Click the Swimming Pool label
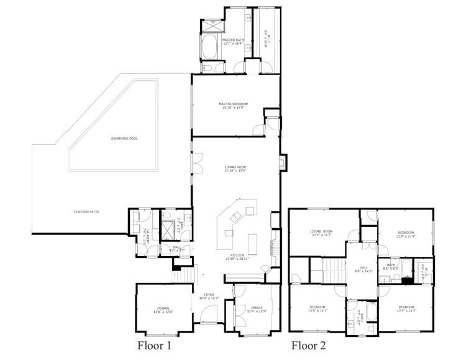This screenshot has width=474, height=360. coord(124,138)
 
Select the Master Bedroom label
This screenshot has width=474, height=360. coord(233,103)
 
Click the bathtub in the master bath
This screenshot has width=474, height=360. coord(209,47)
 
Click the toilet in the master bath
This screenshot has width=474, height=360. coord(207,67)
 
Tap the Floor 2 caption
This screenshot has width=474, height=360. coord(309,344)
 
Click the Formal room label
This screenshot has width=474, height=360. coord(163,308)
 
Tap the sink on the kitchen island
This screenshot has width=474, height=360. coord(237,217)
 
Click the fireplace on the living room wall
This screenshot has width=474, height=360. coord(283,163)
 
